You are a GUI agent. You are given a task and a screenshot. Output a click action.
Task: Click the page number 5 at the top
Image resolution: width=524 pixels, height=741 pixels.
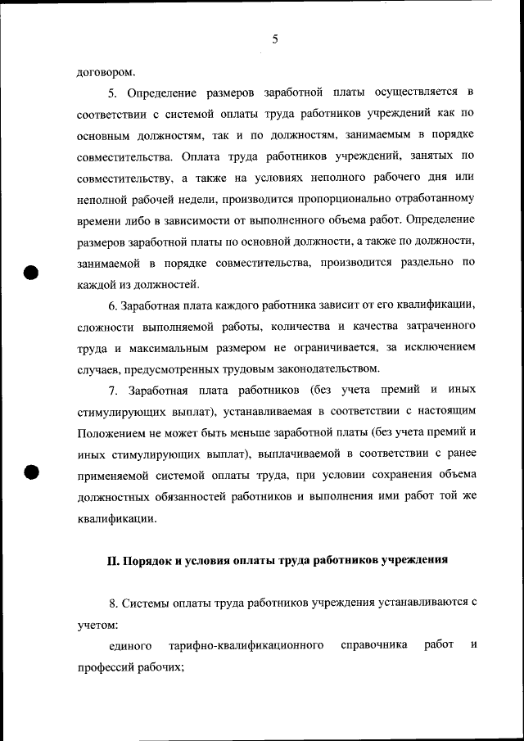[x=275, y=38]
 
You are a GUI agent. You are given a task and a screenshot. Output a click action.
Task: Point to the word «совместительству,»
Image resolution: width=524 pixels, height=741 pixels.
[x=124, y=177]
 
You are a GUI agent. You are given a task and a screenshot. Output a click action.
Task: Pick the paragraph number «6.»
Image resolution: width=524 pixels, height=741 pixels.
[x=113, y=306]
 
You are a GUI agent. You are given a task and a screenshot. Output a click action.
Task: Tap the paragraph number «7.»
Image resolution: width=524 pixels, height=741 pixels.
[x=114, y=391]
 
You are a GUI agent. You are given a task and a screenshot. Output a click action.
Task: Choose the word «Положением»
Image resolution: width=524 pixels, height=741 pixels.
[x=111, y=433]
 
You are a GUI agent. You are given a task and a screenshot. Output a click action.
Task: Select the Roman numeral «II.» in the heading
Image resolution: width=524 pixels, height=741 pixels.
[x=114, y=561]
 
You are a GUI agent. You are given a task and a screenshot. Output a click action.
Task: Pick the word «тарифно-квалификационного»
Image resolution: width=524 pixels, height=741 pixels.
[x=245, y=646]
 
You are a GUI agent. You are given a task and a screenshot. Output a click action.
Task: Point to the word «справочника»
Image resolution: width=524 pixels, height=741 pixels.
[x=374, y=646]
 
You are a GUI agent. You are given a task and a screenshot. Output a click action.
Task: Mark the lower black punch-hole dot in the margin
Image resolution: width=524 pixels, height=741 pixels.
[x=30, y=472]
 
